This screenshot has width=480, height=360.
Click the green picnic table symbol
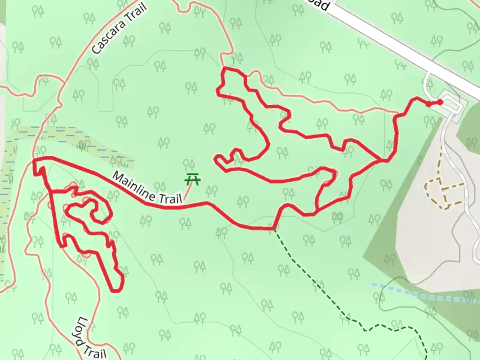point(193,180)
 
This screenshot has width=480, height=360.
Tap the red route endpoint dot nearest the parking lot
point(440,102)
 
